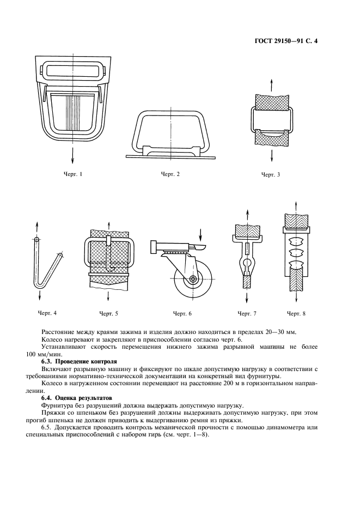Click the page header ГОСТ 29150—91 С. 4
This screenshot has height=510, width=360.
click(x=286, y=40)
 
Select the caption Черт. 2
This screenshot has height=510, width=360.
click(x=170, y=174)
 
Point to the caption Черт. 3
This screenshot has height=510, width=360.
click(x=271, y=175)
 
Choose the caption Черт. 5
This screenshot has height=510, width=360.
click(x=108, y=313)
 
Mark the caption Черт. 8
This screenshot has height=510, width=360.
click(x=296, y=313)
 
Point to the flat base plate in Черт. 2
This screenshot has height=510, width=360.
click(x=171, y=156)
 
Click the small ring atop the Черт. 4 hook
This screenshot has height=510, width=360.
click(x=36, y=239)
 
